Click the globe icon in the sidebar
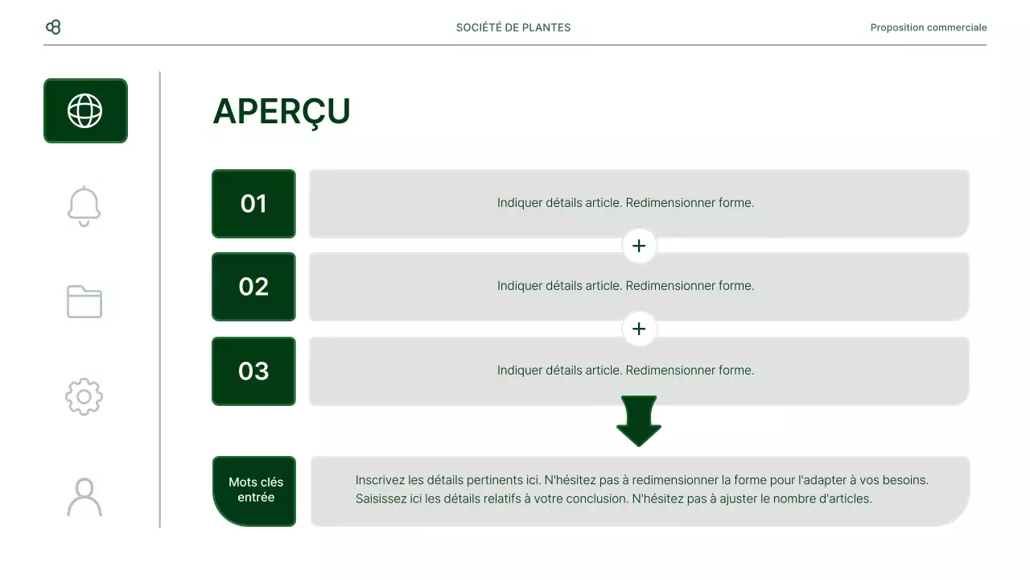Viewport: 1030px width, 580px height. click(x=85, y=110)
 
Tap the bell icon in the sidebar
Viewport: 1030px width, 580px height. click(x=84, y=206)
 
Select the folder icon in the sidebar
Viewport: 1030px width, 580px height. click(x=84, y=301)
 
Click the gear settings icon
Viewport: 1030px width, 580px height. click(x=84, y=396)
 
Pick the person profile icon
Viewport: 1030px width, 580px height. click(x=84, y=497)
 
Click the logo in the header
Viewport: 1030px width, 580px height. click(x=53, y=27)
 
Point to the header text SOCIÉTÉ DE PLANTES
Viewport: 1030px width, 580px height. click(x=513, y=27)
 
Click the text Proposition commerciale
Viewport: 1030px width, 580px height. click(x=928, y=27)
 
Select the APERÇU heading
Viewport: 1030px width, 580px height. click(x=282, y=112)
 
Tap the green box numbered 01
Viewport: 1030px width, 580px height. click(x=253, y=204)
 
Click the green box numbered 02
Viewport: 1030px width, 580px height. click(x=253, y=287)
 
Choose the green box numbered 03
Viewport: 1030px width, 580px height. click(x=253, y=371)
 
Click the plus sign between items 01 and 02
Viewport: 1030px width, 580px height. click(x=639, y=246)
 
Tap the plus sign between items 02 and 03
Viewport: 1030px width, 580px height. click(x=639, y=329)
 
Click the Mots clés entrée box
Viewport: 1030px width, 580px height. click(x=255, y=491)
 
